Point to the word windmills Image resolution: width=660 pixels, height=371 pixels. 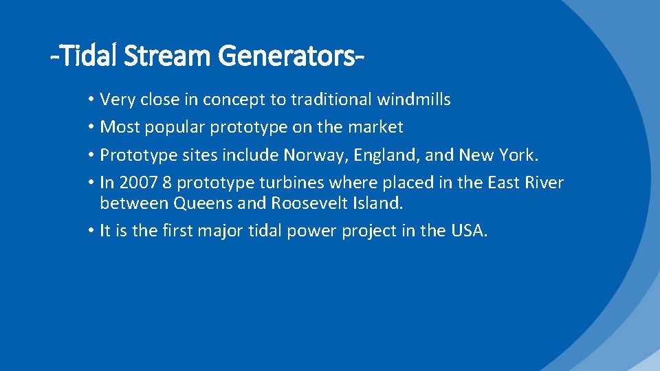(414, 100)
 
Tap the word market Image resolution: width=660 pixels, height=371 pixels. (377, 127)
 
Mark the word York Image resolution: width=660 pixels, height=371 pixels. (520, 155)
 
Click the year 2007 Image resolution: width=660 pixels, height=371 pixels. (137, 183)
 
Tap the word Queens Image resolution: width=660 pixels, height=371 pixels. (201, 203)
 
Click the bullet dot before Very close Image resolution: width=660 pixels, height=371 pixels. (91, 100)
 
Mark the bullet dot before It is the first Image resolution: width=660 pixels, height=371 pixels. (91, 232)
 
